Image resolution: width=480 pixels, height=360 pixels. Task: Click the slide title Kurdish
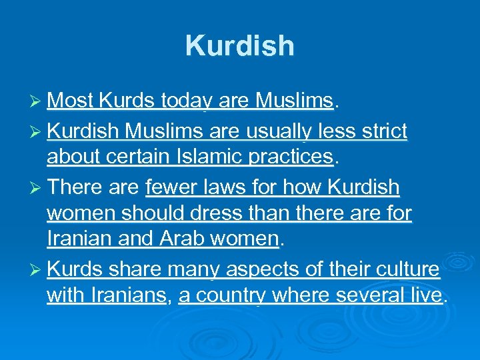[239, 46]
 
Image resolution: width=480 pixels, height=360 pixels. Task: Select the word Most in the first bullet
[71, 101]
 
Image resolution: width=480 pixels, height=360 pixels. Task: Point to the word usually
[273, 131]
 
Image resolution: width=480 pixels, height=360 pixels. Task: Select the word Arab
[183, 238]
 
